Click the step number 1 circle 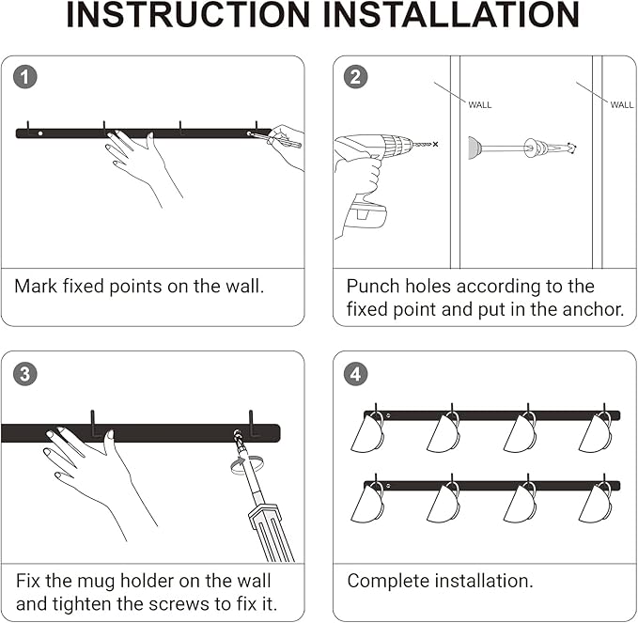(25, 77)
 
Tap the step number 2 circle (355, 77)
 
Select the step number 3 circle (25, 374)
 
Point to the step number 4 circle (355, 374)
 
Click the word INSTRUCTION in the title (188, 15)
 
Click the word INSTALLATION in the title (451, 15)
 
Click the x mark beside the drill (435, 144)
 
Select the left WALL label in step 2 (480, 105)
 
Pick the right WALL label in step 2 (622, 105)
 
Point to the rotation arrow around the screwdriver (246, 465)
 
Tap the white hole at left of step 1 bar (40, 133)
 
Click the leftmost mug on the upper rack (367, 432)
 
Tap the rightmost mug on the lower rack (596, 502)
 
